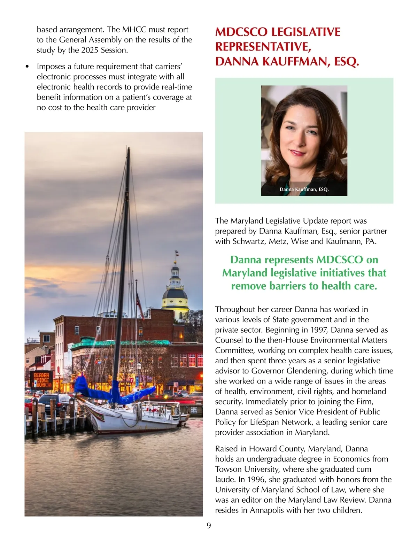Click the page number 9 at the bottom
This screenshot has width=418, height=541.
coord(209,526)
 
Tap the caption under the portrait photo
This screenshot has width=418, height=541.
coord(304,190)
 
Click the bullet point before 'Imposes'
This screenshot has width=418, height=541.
coord(28,67)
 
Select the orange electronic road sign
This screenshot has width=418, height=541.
coord(41,380)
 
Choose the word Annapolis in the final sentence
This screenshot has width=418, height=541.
coord(269,510)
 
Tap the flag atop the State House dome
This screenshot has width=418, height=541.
coord(177,252)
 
